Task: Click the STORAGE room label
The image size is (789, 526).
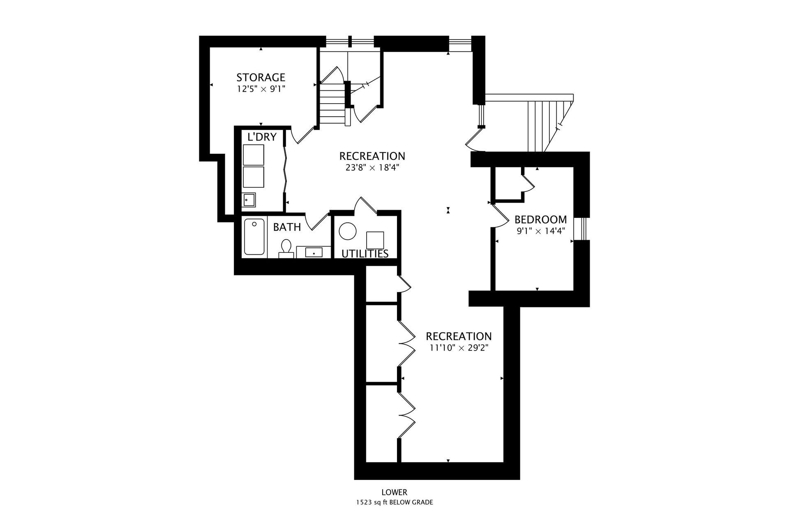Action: [x=261, y=77]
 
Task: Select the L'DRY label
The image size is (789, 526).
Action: [x=262, y=137]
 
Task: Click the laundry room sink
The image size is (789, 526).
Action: [x=249, y=200]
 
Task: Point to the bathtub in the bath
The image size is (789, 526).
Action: [x=254, y=237]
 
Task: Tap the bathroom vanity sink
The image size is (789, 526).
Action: [x=314, y=252]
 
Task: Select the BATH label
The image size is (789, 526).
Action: [x=287, y=227]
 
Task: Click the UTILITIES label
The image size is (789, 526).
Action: [x=365, y=254]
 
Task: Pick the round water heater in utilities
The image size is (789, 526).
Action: [x=348, y=231]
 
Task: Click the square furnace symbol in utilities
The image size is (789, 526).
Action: [x=375, y=240]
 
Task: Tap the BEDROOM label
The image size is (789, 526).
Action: [x=540, y=219]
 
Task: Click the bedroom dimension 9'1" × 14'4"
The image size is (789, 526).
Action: [x=541, y=231]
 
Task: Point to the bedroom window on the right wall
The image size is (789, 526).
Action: [x=582, y=228]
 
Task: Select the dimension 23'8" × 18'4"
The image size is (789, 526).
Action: [x=372, y=168]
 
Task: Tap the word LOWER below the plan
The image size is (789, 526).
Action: [x=394, y=492]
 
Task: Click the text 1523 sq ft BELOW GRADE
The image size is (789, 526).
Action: [x=394, y=502]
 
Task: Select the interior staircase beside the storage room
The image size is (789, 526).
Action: [x=333, y=103]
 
